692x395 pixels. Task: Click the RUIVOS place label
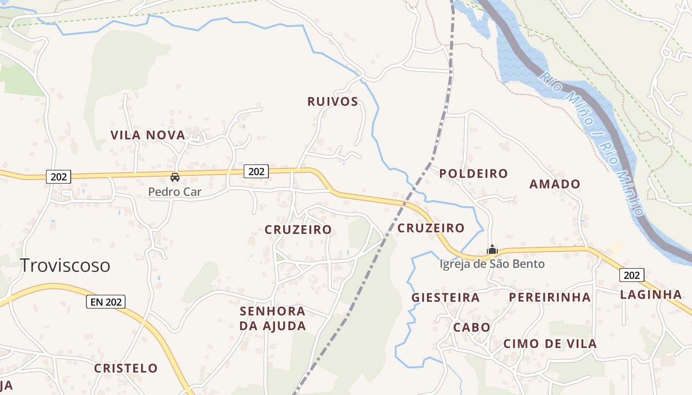pyautogui.click(x=332, y=102)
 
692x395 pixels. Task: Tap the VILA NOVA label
pyautogui.click(x=148, y=135)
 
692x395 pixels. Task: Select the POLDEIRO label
pyautogui.click(x=474, y=173)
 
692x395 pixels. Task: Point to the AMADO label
pyautogui.click(x=555, y=184)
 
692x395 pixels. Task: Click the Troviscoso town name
pyautogui.click(x=65, y=265)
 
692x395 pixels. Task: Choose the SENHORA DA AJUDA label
pyautogui.click(x=272, y=318)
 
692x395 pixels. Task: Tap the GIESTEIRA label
pyautogui.click(x=445, y=297)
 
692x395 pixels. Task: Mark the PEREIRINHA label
pyautogui.click(x=550, y=297)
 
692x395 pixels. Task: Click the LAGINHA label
pyautogui.click(x=651, y=295)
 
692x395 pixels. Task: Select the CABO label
pyautogui.click(x=472, y=327)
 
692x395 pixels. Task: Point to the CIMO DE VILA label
pyautogui.click(x=550, y=344)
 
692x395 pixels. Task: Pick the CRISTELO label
pyautogui.click(x=126, y=368)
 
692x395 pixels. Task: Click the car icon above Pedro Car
pyautogui.click(x=174, y=177)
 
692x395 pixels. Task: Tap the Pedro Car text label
pyautogui.click(x=175, y=192)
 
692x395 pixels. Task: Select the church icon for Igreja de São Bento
pyautogui.click(x=492, y=249)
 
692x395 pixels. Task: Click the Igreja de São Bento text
pyautogui.click(x=492, y=264)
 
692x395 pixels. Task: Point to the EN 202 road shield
pyautogui.click(x=105, y=302)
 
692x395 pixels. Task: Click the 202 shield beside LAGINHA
pyautogui.click(x=631, y=275)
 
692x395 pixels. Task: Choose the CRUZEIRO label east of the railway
pyautogui.click(x=431, y=228)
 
